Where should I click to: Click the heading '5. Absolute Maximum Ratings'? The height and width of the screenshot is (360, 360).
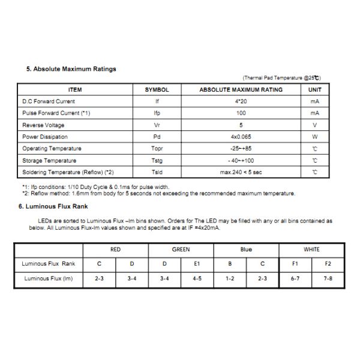click(71, 69)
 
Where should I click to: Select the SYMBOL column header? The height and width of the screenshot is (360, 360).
click(157, 89)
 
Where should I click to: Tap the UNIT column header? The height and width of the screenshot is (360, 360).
click(314, 89)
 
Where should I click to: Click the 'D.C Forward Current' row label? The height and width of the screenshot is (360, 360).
click(49, 101)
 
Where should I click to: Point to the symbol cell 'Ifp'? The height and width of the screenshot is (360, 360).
click(157, 113)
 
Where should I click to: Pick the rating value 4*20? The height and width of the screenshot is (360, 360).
click(241, 101)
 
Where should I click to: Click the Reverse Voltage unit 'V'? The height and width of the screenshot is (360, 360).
click(314, 125)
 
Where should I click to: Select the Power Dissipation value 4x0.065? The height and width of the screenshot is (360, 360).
click(241, 137)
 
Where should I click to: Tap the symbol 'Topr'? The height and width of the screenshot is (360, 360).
click(157, 148)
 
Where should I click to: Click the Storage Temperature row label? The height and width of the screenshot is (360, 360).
click(49, 160)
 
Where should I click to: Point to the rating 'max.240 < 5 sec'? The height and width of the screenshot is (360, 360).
click(241, 172)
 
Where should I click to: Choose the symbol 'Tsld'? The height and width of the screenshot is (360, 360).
click(157, 172)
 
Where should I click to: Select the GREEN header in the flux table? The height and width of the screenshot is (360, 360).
click(181, 250)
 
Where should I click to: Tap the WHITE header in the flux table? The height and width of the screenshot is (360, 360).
click(311, 250)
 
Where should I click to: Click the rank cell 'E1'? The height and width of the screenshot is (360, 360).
click(197, 263)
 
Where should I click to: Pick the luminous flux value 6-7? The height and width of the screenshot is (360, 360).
click(295, 278)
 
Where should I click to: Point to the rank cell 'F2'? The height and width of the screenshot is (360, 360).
click(328, 263)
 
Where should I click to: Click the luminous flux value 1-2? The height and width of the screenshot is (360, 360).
click(230, 278)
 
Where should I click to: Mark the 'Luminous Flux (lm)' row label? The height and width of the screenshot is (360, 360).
click(49, 278)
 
